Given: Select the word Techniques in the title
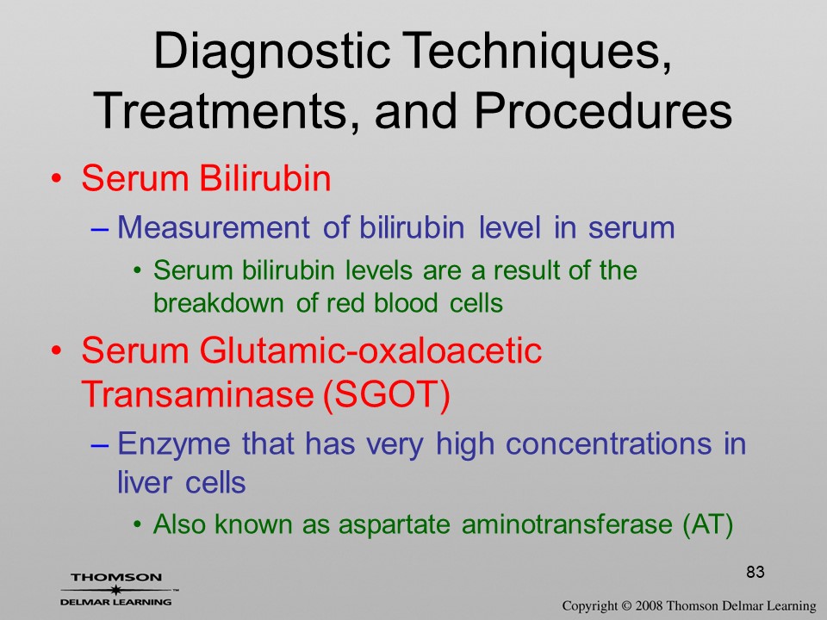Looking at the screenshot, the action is pos(538,51).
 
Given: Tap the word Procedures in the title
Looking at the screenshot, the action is pos(603,111).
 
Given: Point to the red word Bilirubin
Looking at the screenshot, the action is pos(265,178).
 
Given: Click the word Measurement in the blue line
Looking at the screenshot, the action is pos(214,227).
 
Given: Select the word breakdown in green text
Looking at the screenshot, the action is pos(219,302).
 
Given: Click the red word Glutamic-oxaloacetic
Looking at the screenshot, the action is pos(370,350).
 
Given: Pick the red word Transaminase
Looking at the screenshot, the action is pos(198,393).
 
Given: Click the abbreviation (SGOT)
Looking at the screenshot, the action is pos(386,394).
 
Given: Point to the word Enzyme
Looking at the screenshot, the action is pos(174,444).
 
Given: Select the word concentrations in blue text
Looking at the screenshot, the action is pos(609,443).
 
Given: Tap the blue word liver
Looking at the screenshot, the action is pos(137,482).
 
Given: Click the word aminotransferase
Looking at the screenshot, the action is pos(567,524).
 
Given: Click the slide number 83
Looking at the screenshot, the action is pos(755,572).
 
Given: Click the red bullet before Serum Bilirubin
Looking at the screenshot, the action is pos(57,178).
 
